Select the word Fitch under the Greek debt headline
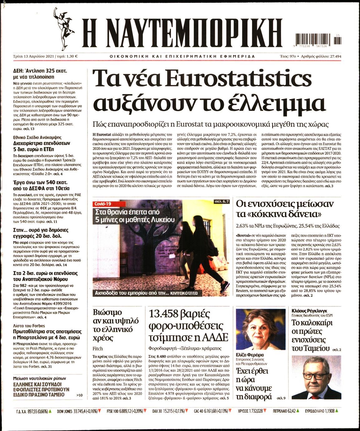(x=98, y=349)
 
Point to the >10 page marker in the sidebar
(x=79, y=395)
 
